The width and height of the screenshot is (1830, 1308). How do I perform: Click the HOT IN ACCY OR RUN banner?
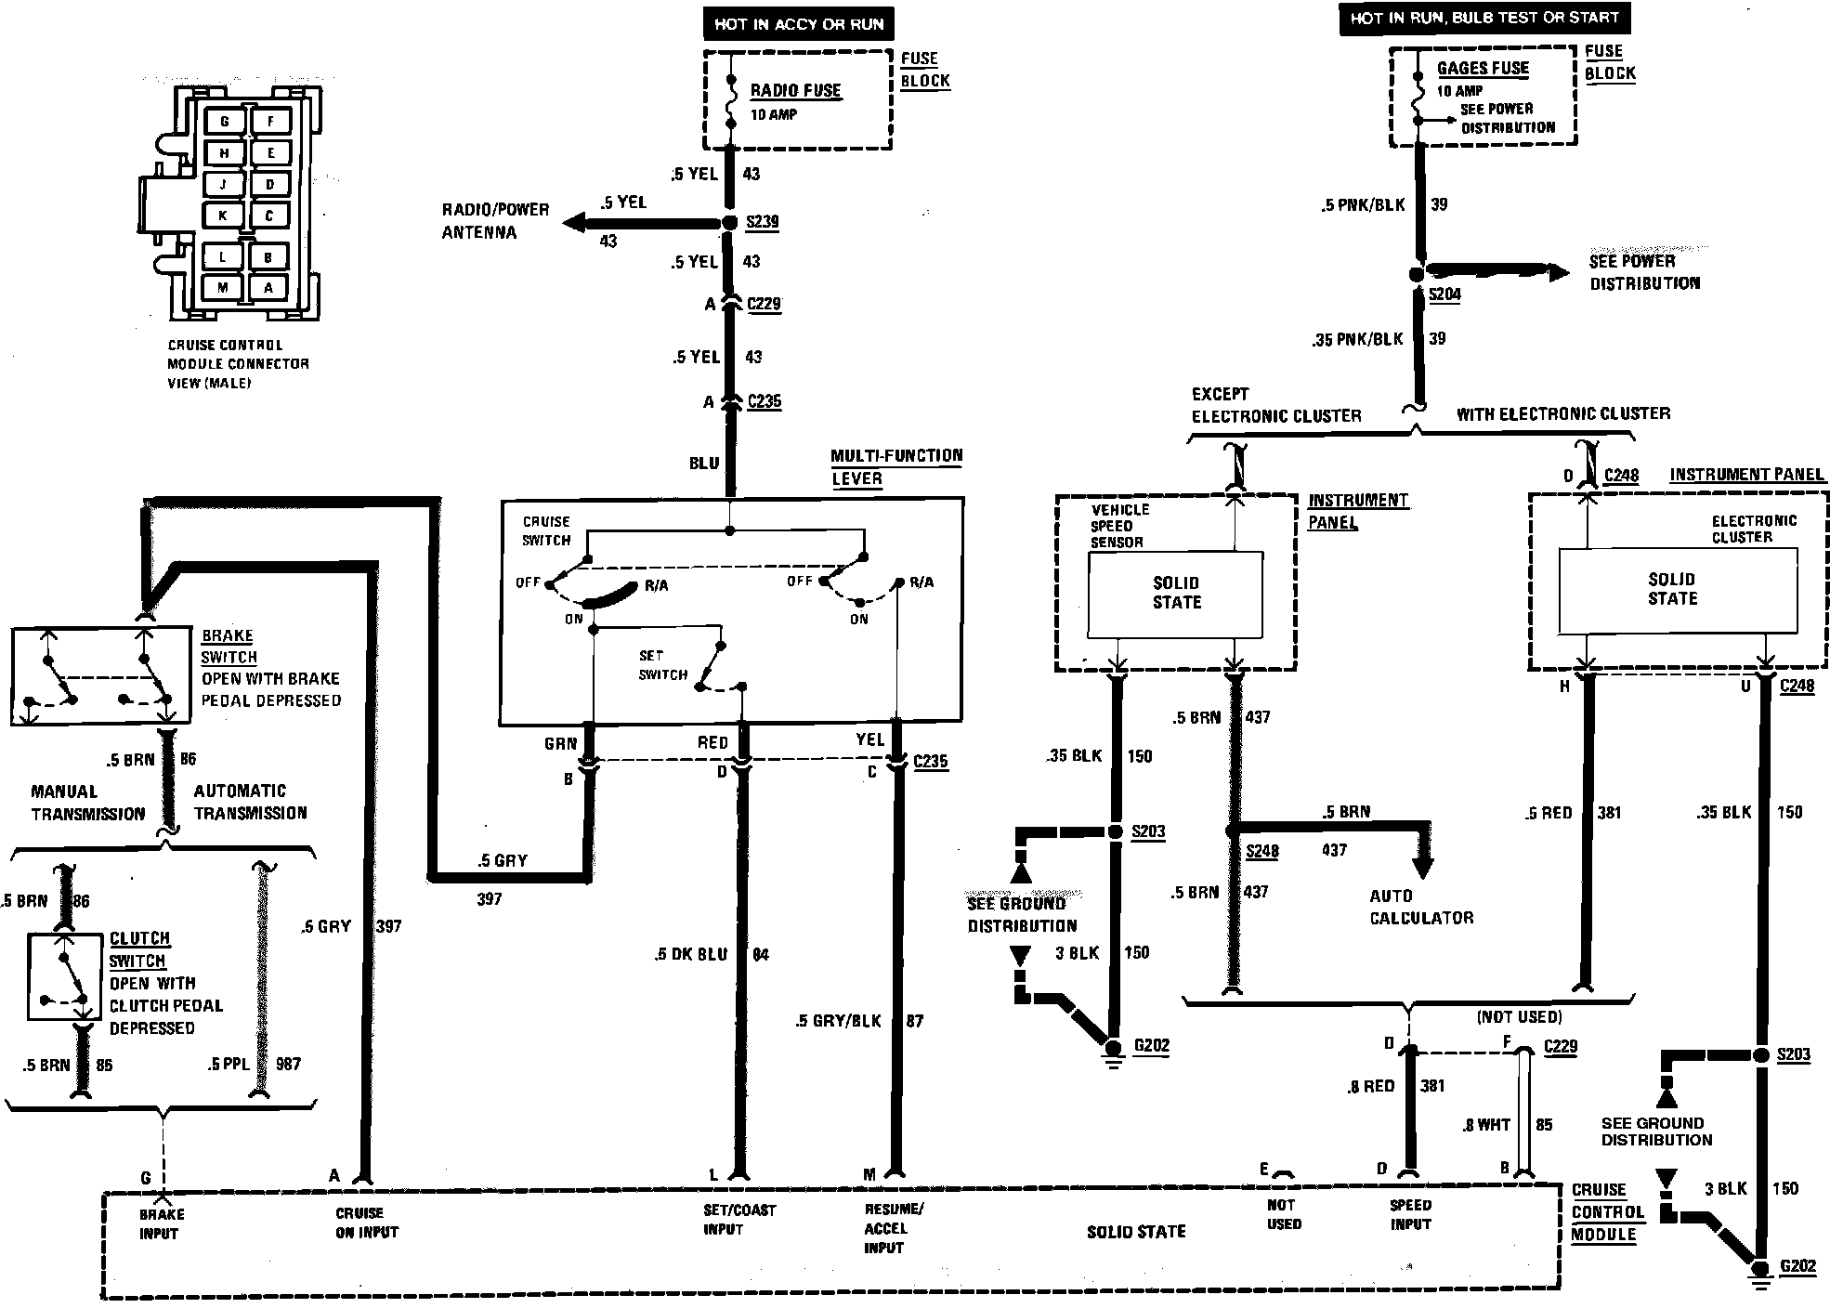(x=799, y=24)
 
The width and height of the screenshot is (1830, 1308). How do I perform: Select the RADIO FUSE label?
(x=795, y=91)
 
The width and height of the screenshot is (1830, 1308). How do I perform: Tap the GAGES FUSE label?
(x=1483, y=68)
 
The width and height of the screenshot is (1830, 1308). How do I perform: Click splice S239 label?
(x=763, y=222)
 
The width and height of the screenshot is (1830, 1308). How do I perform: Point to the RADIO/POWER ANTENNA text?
(x=495, y=221)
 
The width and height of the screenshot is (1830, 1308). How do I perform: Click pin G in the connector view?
(x=224, y=122)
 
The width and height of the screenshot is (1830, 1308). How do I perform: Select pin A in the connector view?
(x=269, y=288)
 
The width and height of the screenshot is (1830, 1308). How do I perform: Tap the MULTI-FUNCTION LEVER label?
(x=896, y=467)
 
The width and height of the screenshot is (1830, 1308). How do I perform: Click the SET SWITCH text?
(x=662, y=665)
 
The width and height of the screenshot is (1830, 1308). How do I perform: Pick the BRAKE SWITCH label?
(x=229, y=647)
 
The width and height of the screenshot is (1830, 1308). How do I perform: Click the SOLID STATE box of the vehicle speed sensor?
(x=1176, y=595)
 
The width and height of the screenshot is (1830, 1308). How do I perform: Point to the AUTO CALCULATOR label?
(x=1421, y=908)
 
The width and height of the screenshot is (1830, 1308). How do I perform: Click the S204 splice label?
(x=1444, y=294)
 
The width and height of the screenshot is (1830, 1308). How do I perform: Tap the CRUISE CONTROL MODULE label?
(x=1606, y=1212)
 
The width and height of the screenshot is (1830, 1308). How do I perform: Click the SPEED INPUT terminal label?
(x=1410, y=1215)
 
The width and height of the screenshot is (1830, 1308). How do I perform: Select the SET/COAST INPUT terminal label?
(x=739, y=1220)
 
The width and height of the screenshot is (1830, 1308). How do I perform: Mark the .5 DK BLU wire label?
(x=690, y=955)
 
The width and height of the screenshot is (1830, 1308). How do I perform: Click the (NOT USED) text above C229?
(x=1520, y=1017)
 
